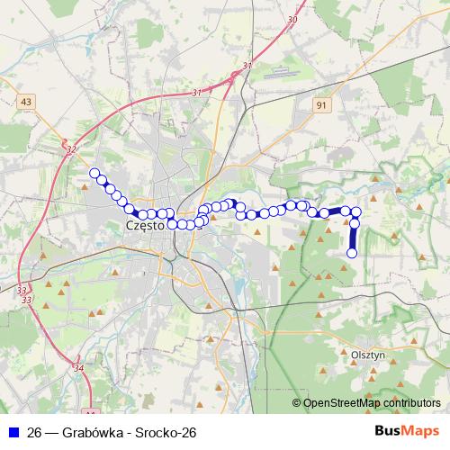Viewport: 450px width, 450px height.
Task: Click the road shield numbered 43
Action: tap(25, 102)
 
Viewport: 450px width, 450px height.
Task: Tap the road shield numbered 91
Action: tap(321, 105)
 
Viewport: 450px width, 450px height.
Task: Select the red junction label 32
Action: tap(71, 149)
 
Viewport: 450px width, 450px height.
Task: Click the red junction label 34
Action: tap(78, 368)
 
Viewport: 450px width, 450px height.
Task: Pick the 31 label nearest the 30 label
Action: tap(247, 66)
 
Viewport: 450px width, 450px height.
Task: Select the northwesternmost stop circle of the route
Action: tap(94, 174)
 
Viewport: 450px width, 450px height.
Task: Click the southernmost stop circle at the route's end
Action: tap(352, 253)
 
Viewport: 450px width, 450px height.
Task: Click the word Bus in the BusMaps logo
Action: tap(390, 431)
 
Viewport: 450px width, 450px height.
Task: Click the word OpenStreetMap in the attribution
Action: tap(341, 403)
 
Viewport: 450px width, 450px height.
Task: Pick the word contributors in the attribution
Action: tap(410, 403)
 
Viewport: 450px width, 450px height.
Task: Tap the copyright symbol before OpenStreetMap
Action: tap(297, 403)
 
